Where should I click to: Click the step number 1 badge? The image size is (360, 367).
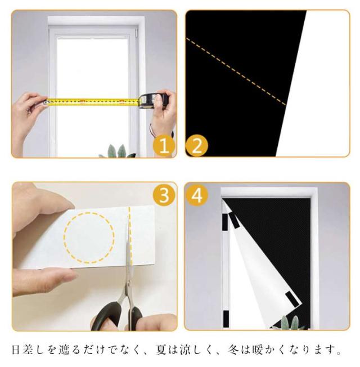tap(164, 146)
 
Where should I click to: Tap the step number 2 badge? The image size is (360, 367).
tap(196, 146)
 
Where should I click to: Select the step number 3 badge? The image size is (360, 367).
tap(164, 195)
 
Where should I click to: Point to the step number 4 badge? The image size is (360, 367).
tap(197, 195)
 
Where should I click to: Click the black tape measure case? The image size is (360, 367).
tap(154, 100)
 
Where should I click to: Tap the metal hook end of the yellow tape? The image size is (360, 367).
tap(45, 102)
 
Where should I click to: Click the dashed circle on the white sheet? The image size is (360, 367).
tap(89, 238)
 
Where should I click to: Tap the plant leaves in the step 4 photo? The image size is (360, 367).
tap(290, 323)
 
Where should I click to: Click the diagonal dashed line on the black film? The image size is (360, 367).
tap(236, 71)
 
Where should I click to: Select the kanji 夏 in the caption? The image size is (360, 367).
tap(162, 350)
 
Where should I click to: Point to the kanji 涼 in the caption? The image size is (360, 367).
tap(186, 350)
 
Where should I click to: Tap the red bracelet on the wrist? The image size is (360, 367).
tap(152, 130)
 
